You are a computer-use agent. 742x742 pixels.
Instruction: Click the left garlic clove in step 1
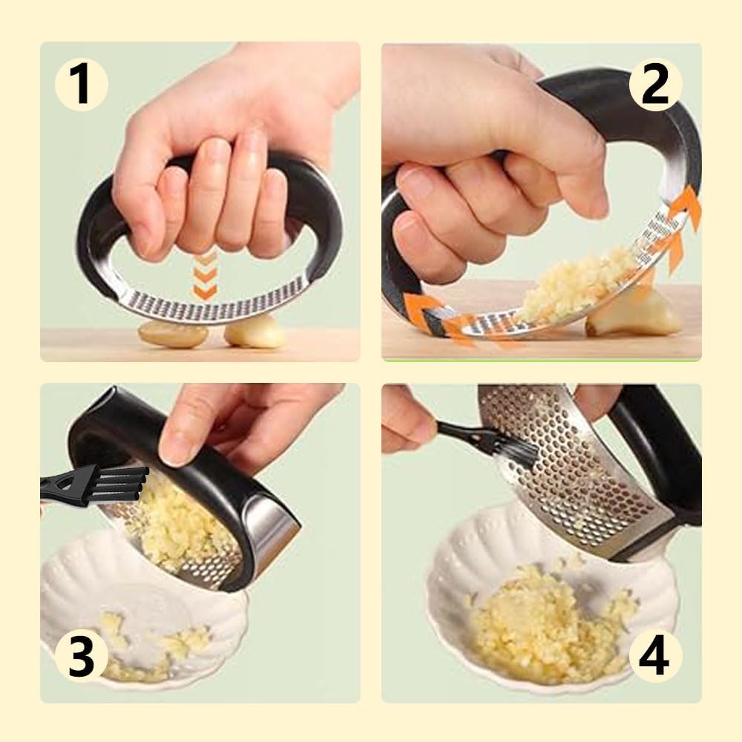173,335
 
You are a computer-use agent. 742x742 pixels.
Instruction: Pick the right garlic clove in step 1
255,333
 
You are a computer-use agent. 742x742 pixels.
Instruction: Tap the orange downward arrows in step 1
205,275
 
